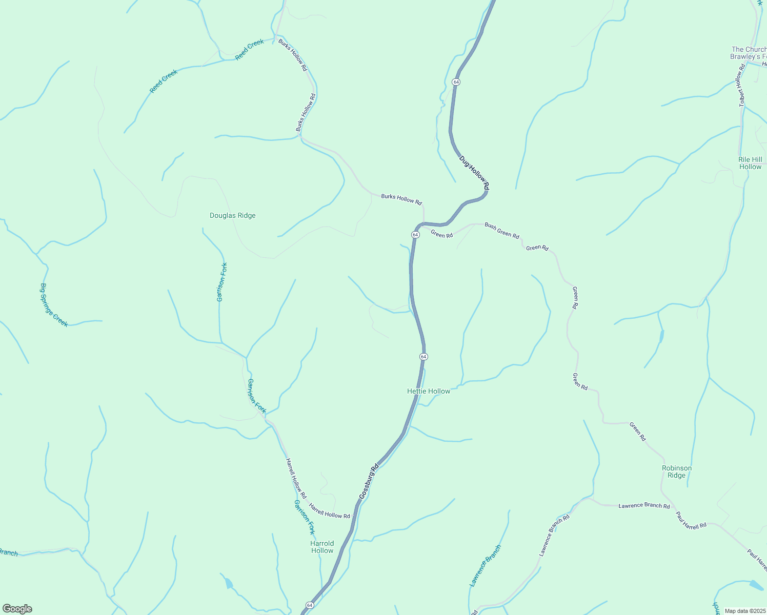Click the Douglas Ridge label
coord(232,216)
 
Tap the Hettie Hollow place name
coord(429,391)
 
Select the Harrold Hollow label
coord(322,547)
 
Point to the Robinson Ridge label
coord(677,471)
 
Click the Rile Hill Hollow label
coord(750,163)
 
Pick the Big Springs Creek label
coord(54,305)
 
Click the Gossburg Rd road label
coord(369,481)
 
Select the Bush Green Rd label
coord(502,231)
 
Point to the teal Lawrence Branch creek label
coord(486,566)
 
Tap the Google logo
coord(17,609)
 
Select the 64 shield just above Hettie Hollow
coord(423,356)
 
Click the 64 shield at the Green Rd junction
coord(415,234)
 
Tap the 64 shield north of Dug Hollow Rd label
coord(456,82)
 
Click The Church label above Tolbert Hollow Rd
coord(749,50)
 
